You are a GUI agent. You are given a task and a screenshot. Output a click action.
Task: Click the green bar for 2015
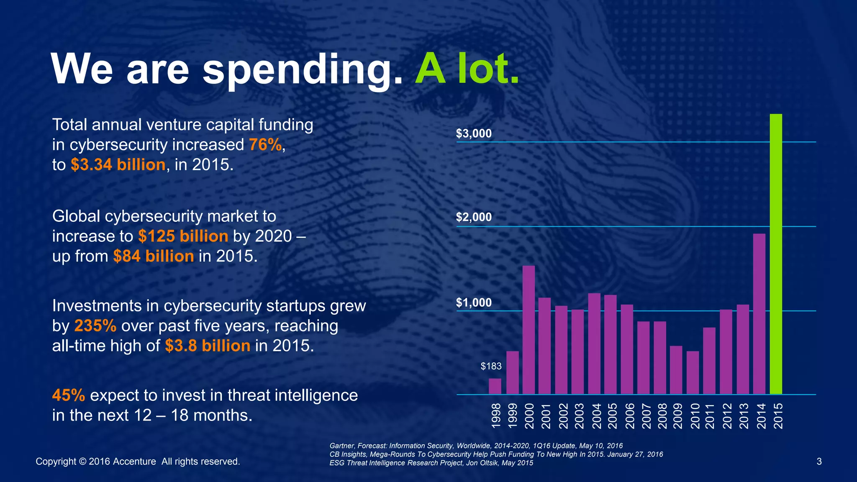776,254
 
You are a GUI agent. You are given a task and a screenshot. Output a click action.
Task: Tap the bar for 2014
759,314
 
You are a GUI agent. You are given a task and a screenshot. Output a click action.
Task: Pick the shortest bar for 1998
495,386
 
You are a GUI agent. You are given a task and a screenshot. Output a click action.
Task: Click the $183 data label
491,367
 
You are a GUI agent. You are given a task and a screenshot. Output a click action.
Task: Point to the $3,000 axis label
474,134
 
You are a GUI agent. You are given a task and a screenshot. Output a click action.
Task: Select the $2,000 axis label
474,217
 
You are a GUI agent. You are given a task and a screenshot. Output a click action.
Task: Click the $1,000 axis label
474,303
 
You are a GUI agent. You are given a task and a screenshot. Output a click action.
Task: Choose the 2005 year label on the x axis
612,416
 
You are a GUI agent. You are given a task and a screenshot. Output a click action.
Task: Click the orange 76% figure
265,145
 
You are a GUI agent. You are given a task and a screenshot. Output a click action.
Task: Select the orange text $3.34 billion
118,165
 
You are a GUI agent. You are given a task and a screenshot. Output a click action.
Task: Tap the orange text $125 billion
183,236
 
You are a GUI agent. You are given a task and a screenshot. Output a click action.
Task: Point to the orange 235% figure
95,326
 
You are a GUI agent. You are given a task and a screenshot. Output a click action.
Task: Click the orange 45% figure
69,395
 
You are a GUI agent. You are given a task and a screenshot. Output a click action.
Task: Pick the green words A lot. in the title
467,69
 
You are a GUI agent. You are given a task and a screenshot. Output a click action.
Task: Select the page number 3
819,461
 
